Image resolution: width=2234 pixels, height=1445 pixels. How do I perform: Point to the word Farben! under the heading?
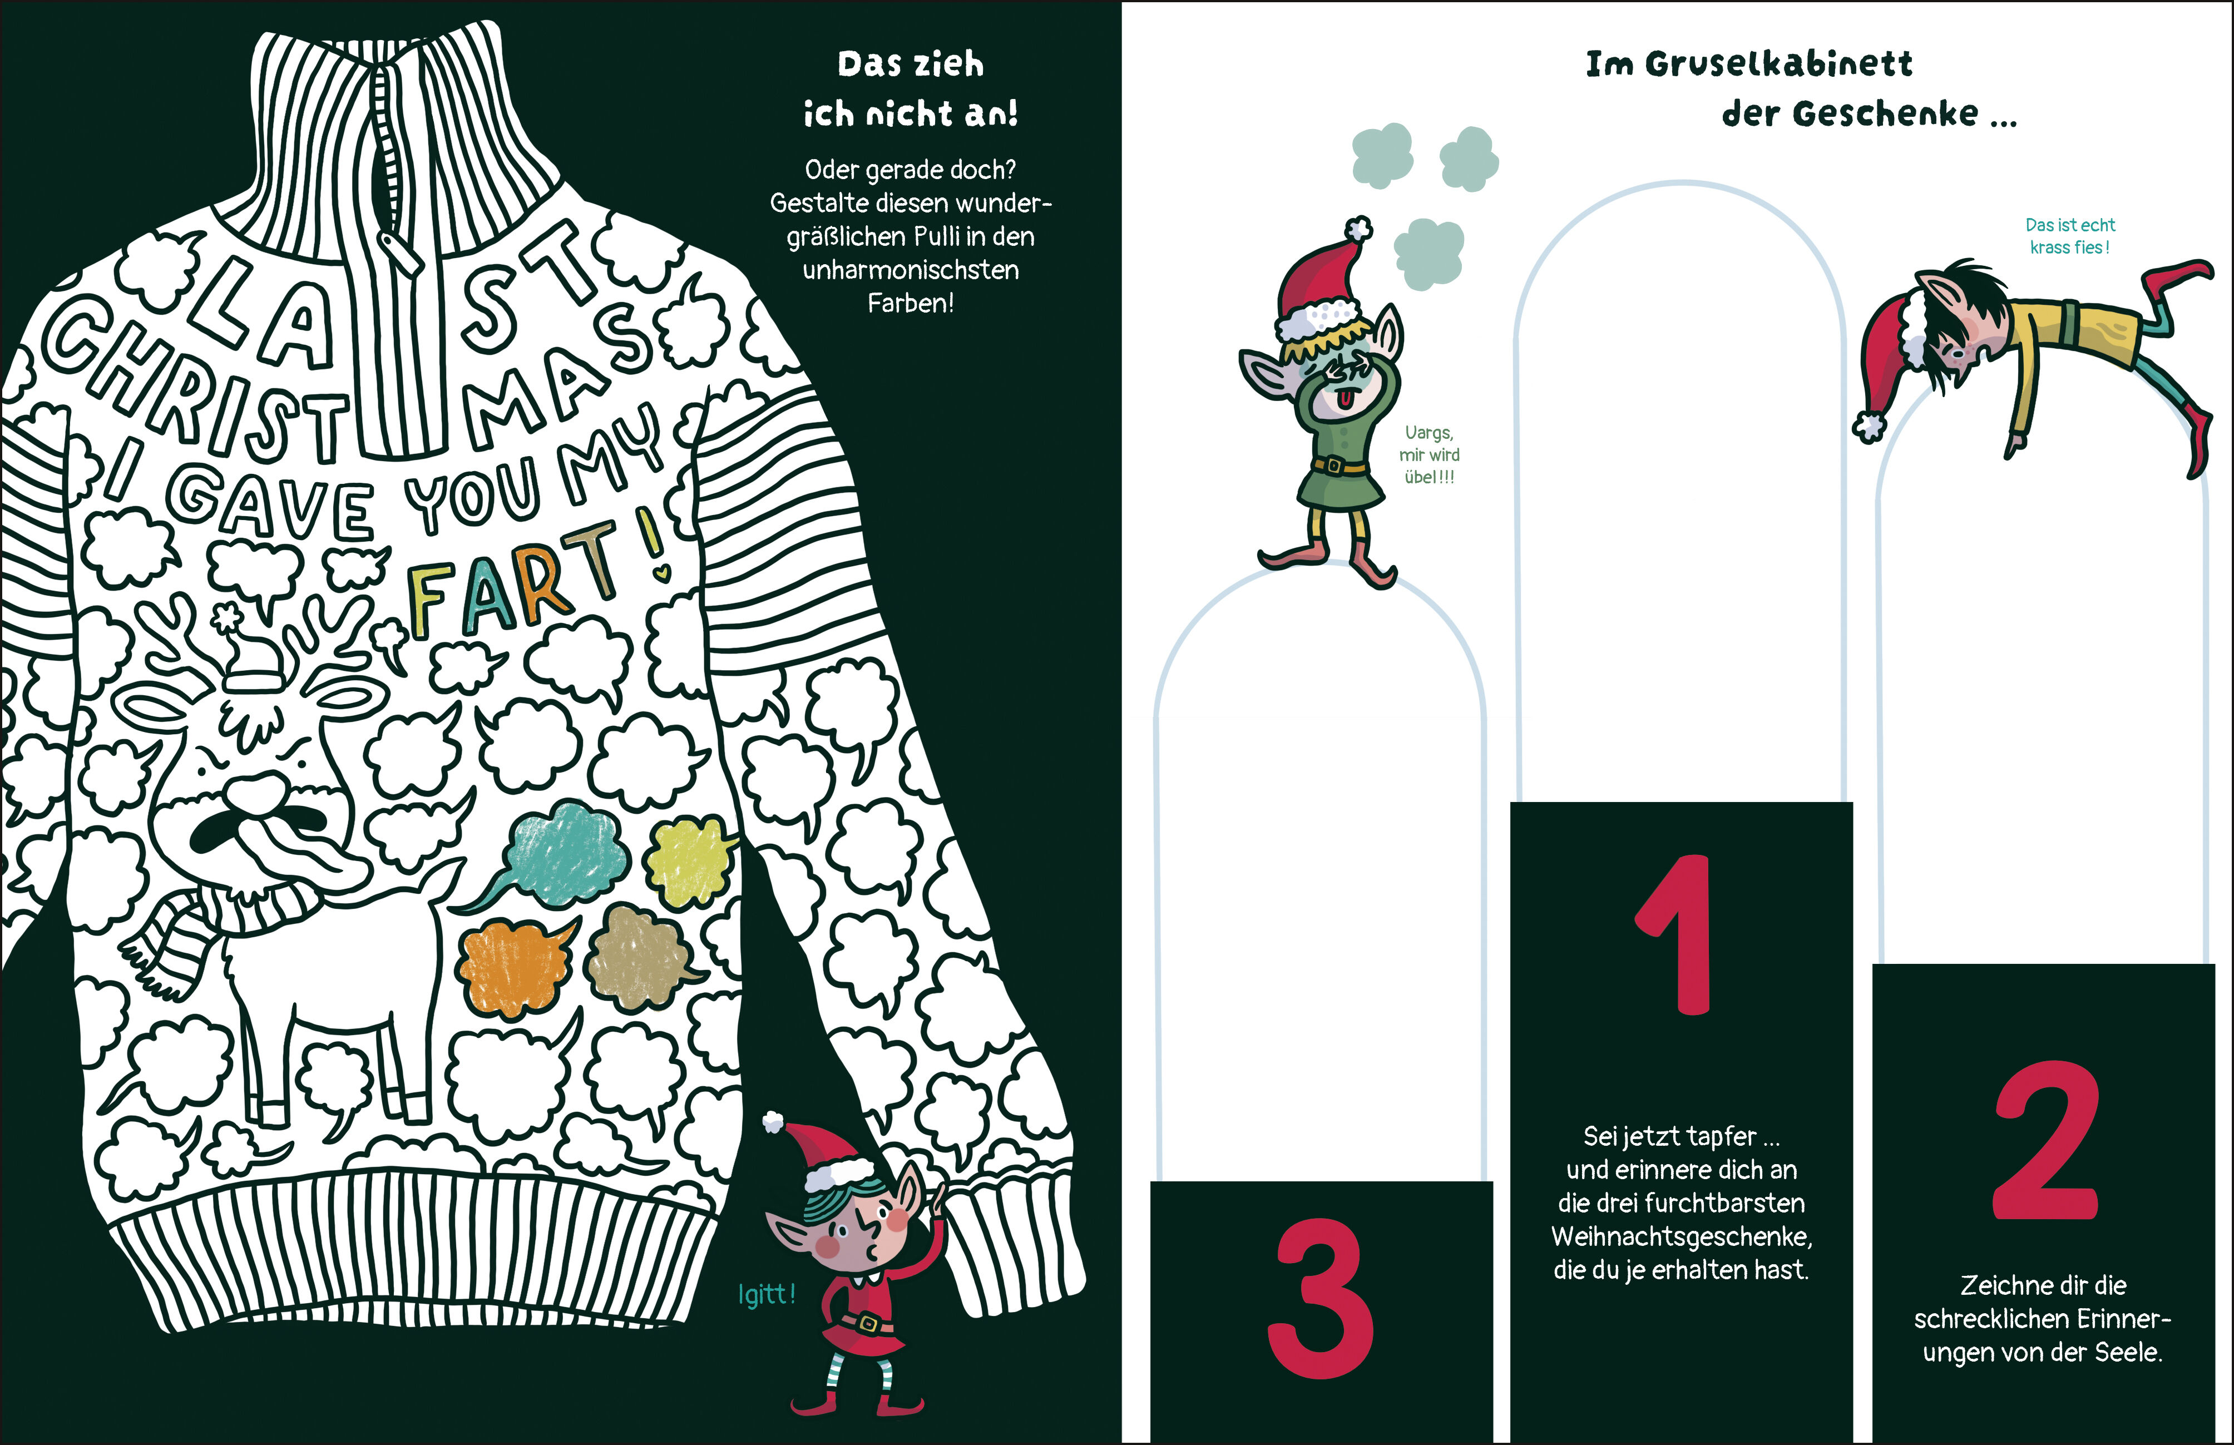click(910, 303)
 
